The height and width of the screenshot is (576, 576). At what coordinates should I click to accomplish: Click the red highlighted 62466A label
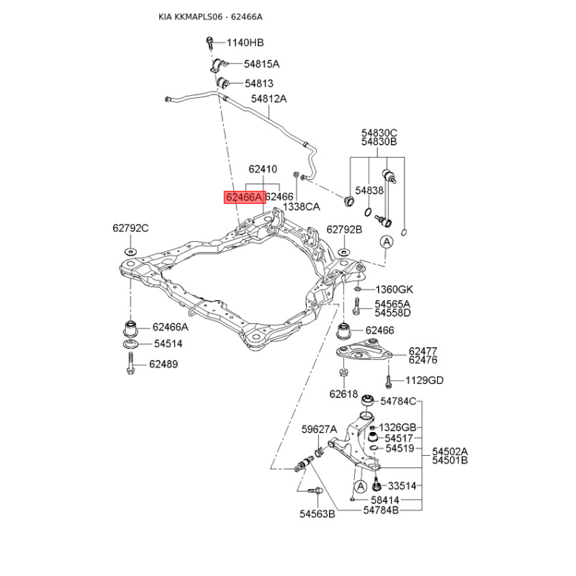(x=245, y=197)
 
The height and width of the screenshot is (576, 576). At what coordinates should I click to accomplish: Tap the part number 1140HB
(x=245, y=42)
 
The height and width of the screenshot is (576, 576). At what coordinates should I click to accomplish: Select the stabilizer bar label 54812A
(x=269, y=99)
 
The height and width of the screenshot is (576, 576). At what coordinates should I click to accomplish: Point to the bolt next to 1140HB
(x=210, y=42)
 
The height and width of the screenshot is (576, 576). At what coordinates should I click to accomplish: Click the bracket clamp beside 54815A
(x=219, y=65)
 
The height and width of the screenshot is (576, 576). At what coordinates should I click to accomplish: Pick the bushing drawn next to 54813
(x=222, y=83)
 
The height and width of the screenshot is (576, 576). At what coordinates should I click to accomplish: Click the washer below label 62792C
(x=130, y=251)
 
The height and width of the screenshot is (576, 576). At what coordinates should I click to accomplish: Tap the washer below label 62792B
(x=344, y=252)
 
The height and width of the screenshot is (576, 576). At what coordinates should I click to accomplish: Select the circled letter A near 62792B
(x=387, y=242)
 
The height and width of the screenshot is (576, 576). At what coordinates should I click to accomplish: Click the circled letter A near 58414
(x=361, y=487)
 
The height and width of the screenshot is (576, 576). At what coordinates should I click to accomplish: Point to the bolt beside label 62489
(x=130, y=363)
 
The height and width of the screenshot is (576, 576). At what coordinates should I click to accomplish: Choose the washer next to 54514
(x=130, y=344)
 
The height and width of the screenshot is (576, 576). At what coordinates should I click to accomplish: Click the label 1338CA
(x=301, y=207)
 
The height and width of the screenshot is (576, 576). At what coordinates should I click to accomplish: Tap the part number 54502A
(x=449, y=451)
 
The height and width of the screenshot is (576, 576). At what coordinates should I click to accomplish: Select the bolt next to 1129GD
(x=388, y=381)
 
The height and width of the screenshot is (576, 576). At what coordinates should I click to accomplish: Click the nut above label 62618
(x=343, y=372)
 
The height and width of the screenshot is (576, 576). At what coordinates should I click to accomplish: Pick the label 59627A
(x=319, y=429)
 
